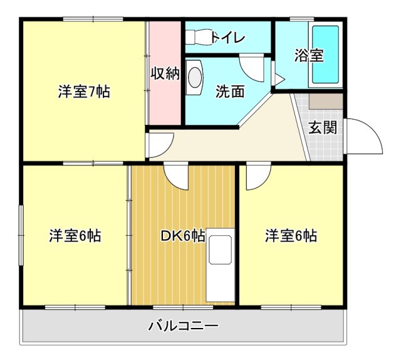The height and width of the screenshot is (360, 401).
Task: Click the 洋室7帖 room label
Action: coord(84,92)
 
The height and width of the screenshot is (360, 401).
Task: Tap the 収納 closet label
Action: coord(165,73)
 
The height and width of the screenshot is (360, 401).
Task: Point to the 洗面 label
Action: coord(230,92)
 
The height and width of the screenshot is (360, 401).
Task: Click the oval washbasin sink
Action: coord(195,77)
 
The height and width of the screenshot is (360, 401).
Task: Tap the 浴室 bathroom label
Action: coord(309,55)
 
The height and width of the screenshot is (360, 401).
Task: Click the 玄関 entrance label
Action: coord(323,127)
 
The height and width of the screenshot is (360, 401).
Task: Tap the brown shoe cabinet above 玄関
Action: coord(326,100)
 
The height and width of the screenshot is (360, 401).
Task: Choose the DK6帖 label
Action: coord(183,236)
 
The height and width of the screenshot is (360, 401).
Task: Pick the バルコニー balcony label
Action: coord(183,326)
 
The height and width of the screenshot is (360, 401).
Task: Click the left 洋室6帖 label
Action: coord(75,236)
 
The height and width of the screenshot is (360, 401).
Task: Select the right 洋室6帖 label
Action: coord(290,236)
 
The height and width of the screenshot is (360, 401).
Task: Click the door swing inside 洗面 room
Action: coord(253,68)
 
